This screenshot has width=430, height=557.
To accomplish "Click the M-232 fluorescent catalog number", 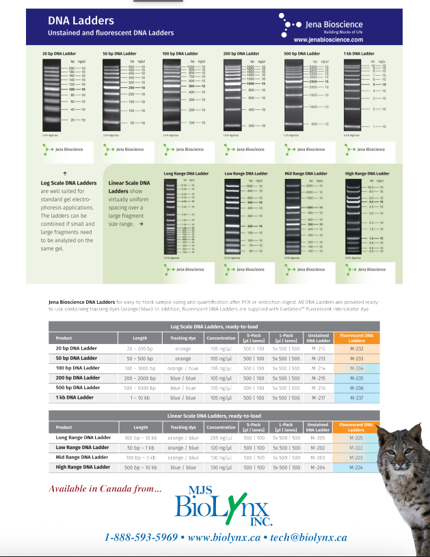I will (x=355, y=348).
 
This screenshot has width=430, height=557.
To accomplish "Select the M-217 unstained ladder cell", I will (x=318, y=397).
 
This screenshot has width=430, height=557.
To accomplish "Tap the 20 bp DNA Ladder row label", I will (x=76, y=348).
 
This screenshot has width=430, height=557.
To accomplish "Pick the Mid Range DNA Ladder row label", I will (x=82, y=457).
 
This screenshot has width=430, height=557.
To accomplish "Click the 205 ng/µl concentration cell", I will (x=221, y=438).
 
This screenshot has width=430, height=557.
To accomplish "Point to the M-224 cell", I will (x=355, y=467).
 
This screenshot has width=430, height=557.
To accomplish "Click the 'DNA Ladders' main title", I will (x=81, y=22).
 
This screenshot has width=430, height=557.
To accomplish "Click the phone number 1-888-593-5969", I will (x=141, y=537).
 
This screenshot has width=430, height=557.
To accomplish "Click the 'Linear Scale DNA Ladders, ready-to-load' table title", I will (x=215, y=416).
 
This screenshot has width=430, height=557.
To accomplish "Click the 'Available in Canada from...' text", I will (x=105, y=488).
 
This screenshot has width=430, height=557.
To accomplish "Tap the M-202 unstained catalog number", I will (x=318, y=447).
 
